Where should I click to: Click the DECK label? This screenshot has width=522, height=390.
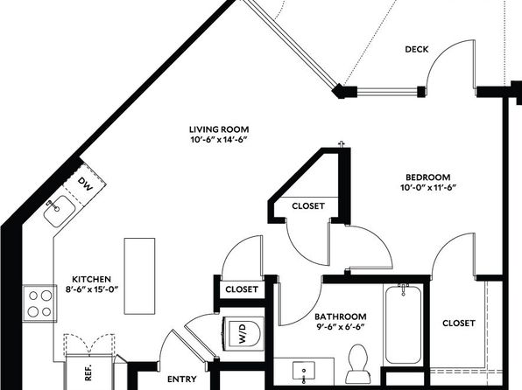(417, 49)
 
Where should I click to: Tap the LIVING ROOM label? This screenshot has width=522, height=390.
(219, 129)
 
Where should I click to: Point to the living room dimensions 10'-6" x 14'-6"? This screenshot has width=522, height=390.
(220, 140)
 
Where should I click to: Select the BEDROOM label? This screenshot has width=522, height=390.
(427, 178)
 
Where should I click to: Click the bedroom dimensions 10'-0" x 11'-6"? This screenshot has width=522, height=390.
(427, 188)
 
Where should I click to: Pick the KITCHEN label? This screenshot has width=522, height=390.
(92, 279)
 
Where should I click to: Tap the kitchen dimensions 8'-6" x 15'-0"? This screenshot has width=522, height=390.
(92, 289)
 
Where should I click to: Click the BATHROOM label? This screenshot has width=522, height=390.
(340, 317)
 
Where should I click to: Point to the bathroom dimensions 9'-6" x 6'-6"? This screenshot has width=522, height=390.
(340, 327)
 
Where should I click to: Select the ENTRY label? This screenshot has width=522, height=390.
(182, 379)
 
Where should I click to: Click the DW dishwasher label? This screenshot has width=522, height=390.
(85, 184)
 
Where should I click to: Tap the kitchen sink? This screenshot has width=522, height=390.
(60, 211)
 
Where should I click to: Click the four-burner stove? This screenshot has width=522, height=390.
(39, 303)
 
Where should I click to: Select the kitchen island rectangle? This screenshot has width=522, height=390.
(139, 276)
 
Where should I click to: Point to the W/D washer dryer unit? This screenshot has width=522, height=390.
(243, 333)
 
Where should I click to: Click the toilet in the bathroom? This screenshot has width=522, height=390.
(357, 364)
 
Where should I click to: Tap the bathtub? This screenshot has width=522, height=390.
(403, 324)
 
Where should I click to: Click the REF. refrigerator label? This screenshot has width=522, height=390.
(88, 373)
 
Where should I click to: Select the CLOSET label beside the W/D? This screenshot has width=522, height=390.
(242, 289)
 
